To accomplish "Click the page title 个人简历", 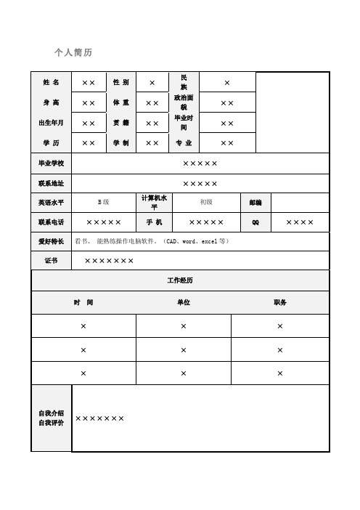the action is [73, 53].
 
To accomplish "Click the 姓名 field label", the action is [51, 83].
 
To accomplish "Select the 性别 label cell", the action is [120, 83].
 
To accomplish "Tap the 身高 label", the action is [51, 103].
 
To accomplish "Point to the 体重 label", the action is [120, 103].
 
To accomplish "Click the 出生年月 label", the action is [51, 123].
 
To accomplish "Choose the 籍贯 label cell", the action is [120, 123].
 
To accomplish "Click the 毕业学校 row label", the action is [51, 163].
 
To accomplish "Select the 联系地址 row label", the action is [51, 183].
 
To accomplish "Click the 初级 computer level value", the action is [206, 202].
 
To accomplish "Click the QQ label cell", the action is [255, 222].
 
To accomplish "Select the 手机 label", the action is [154, 222].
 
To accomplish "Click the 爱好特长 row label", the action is [51, 241].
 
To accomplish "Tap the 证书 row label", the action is [51, 260].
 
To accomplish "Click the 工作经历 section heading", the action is [180, 280].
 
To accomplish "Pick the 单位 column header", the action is [184, 301].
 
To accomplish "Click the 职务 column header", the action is [280, 301].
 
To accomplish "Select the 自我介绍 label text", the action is [51, 413].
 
